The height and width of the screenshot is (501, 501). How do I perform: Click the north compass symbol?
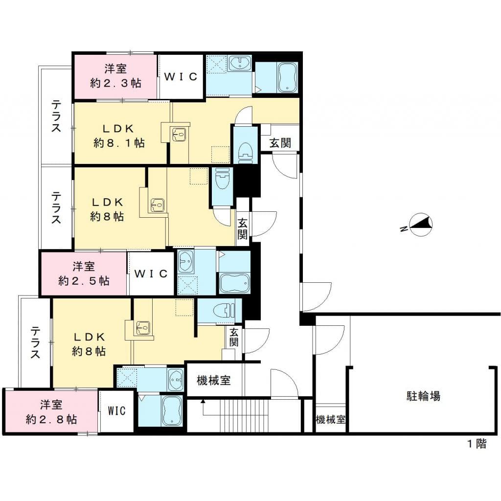point(420,225)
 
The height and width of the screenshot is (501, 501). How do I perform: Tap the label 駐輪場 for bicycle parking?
point(423,396)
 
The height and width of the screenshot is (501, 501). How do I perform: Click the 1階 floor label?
point(476,444)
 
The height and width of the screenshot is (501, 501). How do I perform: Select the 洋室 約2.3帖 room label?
point(115,76)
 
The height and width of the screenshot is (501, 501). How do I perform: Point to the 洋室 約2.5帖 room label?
point(84,274)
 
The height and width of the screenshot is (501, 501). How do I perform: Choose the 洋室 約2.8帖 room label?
point(51,412)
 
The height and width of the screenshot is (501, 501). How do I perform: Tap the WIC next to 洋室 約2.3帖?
point(180,77)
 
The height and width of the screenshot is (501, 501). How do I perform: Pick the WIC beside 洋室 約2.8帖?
point(116,411)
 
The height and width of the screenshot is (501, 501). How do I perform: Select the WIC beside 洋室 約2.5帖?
point(151,274)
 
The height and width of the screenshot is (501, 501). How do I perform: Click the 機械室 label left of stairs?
point(213,380)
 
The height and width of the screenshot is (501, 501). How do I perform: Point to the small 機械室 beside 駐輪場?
point(330,419)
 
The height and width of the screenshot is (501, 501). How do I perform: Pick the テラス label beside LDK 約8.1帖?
point(56,116)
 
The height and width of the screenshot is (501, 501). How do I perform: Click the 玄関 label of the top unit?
point(280,143)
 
